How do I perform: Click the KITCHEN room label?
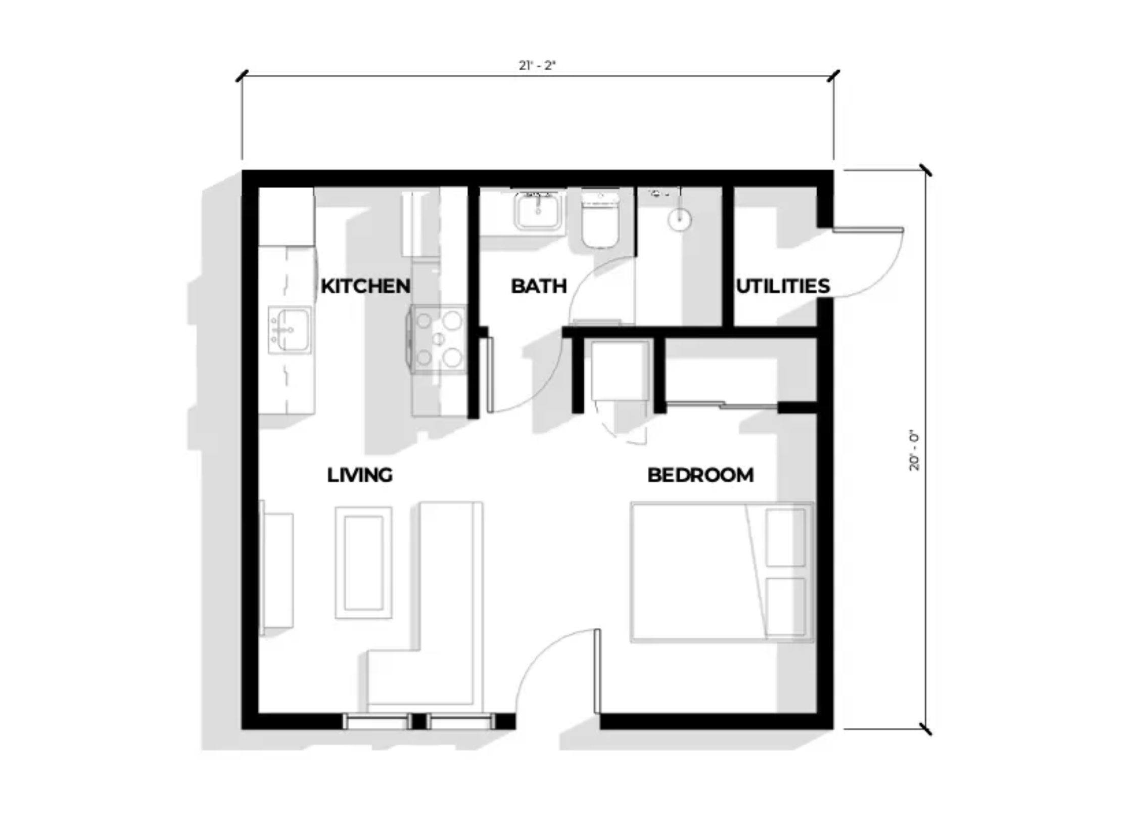(365, 286)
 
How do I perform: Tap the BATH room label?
(538, 286)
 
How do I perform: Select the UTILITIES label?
(782, 286)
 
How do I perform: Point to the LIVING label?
(359, 475)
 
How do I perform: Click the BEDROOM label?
(700, 475)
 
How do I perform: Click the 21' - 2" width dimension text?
(537, 66)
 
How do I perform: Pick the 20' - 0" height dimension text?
(914, 451)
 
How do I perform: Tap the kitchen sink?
(290, 330)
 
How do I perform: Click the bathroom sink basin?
(538, 211)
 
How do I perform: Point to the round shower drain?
(679, 219)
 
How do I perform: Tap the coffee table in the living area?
(363, 563)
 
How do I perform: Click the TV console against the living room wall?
(276, 569)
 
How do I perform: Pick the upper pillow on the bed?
(785, 537)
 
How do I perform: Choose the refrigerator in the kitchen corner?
(286, 216)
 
